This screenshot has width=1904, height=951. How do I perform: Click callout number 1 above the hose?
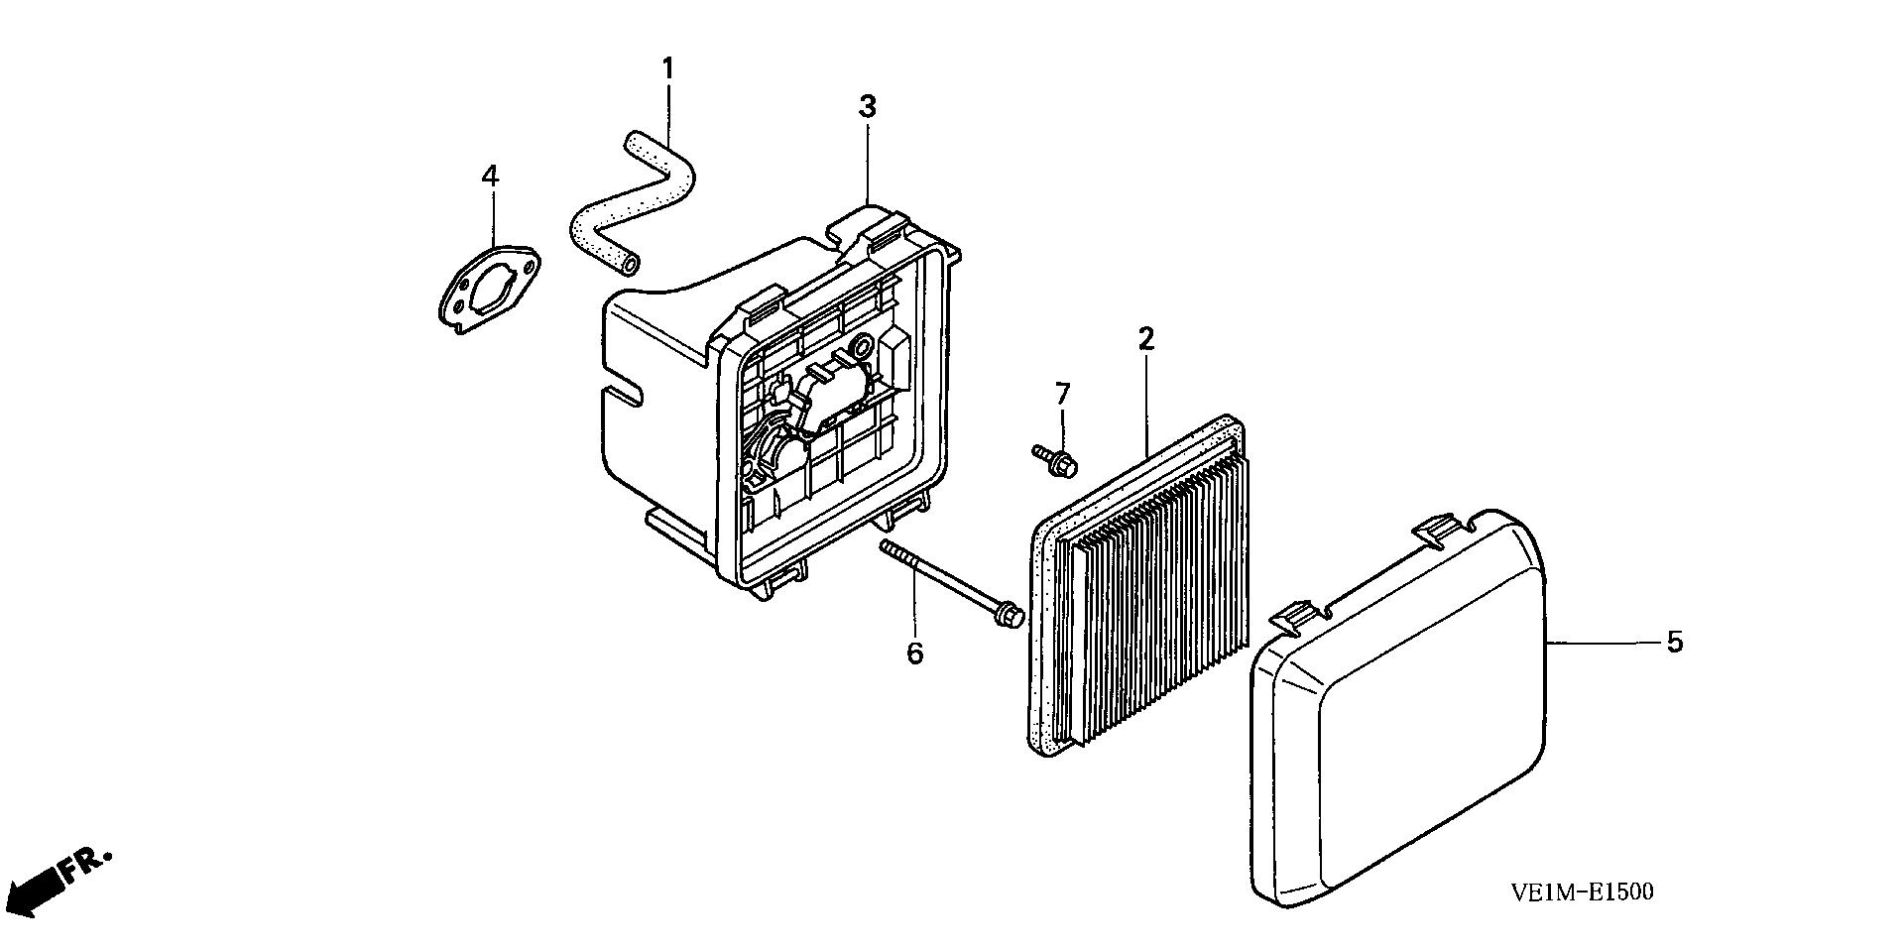pos(667,69)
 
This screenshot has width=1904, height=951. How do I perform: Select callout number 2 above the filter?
pos(1146,339)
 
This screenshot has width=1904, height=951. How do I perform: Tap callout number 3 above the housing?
pos(868,107)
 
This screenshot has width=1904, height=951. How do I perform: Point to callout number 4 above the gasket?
pos(490,177)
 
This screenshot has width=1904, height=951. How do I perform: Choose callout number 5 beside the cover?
pos(1674,643)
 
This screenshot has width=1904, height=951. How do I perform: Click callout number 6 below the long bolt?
pos(914,653)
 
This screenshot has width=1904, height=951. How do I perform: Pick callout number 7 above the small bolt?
pos(1062,394)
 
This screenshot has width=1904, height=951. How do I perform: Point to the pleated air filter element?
pos(1150,595)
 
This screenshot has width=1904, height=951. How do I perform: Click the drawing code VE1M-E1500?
pos(1582,892)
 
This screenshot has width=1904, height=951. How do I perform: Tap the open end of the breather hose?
pos(630,263)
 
